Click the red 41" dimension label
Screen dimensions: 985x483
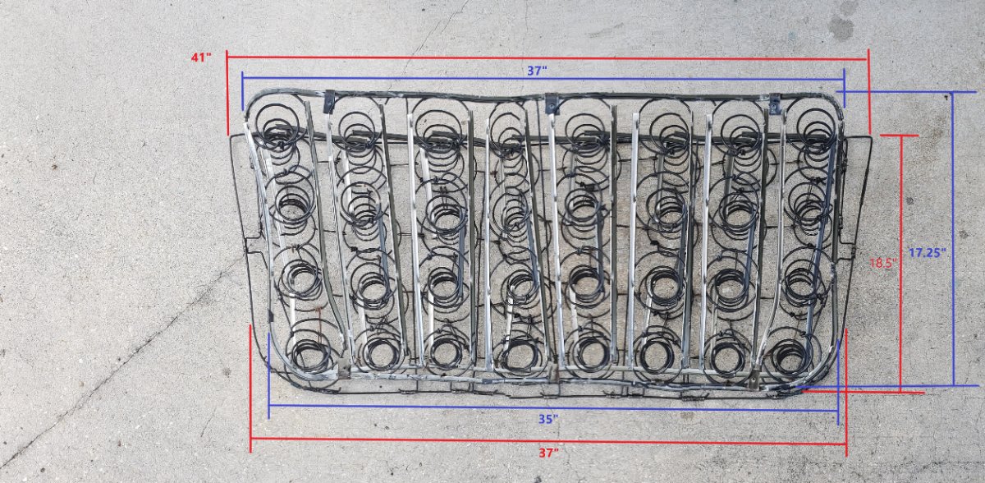pyautogui.click(x=201, y=57)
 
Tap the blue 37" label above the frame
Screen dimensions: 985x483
pyautogui.click(x=537, y=71)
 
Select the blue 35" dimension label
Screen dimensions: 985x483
pyautogui.click(x=548, y=419)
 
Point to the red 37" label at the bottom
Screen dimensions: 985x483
pyautogui.click(x=549, y=453)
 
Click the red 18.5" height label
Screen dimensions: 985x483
pyautogui.click(x=883, y=263)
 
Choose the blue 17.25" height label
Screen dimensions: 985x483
pyautogui.click(x=928, y=253)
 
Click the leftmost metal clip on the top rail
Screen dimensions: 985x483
pyautogui.click(x=329, y=101)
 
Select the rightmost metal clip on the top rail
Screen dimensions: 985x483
pyautogui.click(x=775, y=103)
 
